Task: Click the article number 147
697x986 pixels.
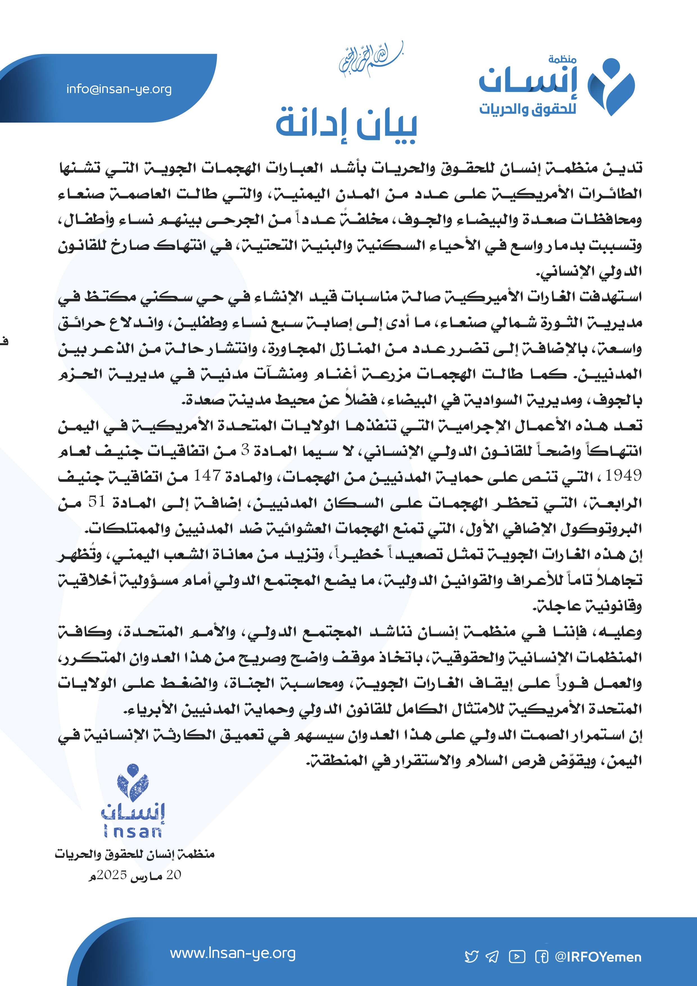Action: [207, 475]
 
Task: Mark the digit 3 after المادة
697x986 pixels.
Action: [245, 450]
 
